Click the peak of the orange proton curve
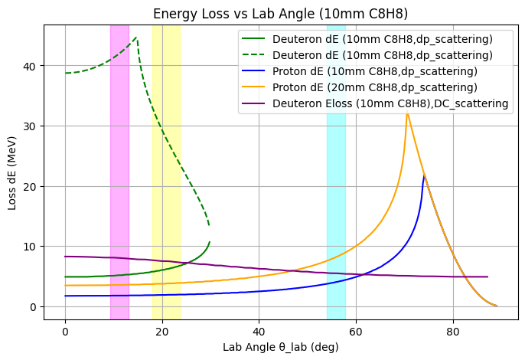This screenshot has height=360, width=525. pyautogui.click(x=407, y=113)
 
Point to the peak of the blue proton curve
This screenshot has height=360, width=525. pyautogui.click(x=425, y=175)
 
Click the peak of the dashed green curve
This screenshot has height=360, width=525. pyautogui.click(x=136, y=38)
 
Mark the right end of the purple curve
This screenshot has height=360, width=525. pyautogui.click(x=487, y=277)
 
